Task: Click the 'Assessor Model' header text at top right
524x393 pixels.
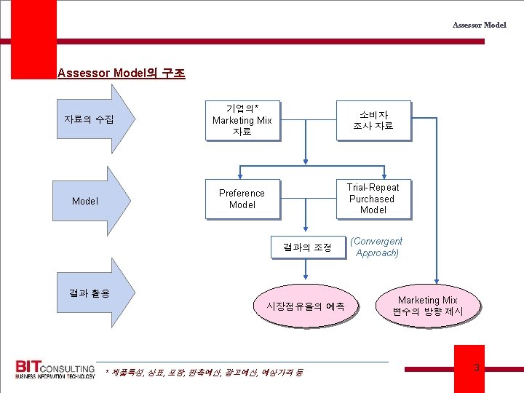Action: point(479,25)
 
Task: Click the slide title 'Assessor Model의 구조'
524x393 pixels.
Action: point(121,73)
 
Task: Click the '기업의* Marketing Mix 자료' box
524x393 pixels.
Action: point(242,120)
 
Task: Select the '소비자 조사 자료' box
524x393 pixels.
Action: point(373,120)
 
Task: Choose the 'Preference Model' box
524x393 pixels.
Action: point(242,199)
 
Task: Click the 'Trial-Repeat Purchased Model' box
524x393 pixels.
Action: point(373,198)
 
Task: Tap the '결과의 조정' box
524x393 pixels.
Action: point(306,247)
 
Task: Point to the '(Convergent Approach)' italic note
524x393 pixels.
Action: point(376,247)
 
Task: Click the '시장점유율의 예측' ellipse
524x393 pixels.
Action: point(306,306)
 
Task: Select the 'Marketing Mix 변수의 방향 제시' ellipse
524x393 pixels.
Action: point(427,306)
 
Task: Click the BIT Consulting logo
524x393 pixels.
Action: point(55,369)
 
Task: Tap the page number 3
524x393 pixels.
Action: point(477,368)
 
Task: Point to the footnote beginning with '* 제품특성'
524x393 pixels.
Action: point(204,373)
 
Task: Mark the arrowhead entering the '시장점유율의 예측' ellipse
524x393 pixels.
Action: point(306,279)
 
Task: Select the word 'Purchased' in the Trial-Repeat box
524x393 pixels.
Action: point(372,199)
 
